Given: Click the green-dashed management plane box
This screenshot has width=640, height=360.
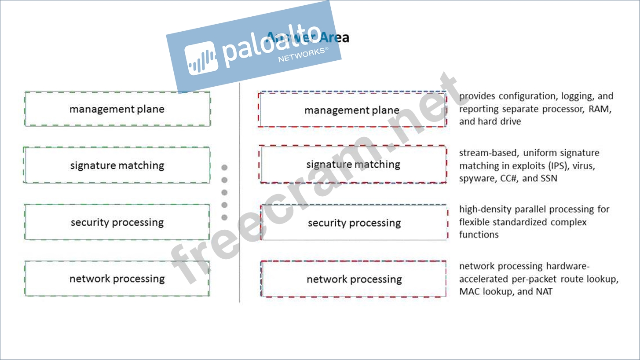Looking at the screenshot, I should click(x=117, y=109).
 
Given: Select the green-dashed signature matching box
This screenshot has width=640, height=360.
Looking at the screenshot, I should click(x=117, y=165).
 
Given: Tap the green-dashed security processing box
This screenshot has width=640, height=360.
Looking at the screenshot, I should click(x=117, y=222).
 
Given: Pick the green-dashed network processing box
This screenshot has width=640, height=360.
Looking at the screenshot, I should click(x=117, y=278).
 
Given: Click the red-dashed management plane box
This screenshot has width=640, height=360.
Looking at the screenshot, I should click(x=353, y=110).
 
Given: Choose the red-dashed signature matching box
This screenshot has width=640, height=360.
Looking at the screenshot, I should click(x=353, y=164).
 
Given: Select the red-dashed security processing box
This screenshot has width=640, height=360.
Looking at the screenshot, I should click(x=354, y=223).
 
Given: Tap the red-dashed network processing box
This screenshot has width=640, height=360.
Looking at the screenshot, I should click(x=354, y=279).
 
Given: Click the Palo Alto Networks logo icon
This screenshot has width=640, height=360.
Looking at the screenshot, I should click(x=201, y=58).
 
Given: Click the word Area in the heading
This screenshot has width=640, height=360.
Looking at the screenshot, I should click(x=336, y=38).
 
